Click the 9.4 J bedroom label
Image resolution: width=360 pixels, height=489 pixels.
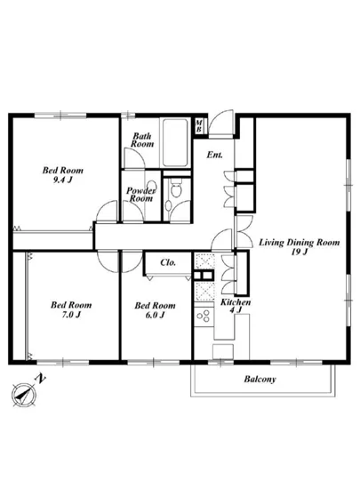pyautogui.click(x=63, y=175)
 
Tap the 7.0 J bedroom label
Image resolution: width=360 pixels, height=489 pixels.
pyautogui.click(x=71, y=309)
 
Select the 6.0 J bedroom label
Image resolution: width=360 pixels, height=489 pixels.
pyautogui.click(x=155, y=309)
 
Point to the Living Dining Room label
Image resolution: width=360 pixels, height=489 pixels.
pyautogui.click(x=300, y=246)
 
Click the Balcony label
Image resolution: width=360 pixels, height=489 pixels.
pyautogui.click(x=260, y=380)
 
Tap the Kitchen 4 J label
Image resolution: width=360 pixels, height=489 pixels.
pyautogui.click(x=236, y=306)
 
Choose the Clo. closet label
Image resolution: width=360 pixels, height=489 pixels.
pyautogui.click(x=168, y=262)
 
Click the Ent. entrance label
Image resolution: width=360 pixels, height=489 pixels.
pyautogui.click(x=215, y=155)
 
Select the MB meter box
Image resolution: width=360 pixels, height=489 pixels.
pyautogui.click(x=198, y=125)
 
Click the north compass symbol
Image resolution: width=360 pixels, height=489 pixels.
pyautogui.click(x=24, y=395)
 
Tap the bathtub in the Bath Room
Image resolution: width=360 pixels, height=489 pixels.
pyautogui.click(x=175, y=142)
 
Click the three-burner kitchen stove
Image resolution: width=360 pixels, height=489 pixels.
pyautogui.click(x=204, y=316)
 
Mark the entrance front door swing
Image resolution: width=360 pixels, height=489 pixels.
pyautogui.click(x=220, y=123)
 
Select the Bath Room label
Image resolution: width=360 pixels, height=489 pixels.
pyautogui.click(x=142, y=140)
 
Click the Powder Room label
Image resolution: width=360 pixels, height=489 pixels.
pyautogui.click(x=140, y=195)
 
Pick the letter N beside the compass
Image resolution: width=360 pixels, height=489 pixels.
pyautogui.click(x=40, y=378)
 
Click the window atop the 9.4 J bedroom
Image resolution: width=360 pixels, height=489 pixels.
pyautogui.click(x=60, y=116)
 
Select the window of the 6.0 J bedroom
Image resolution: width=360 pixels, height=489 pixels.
pyautogui.click(x=154, y=363)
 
